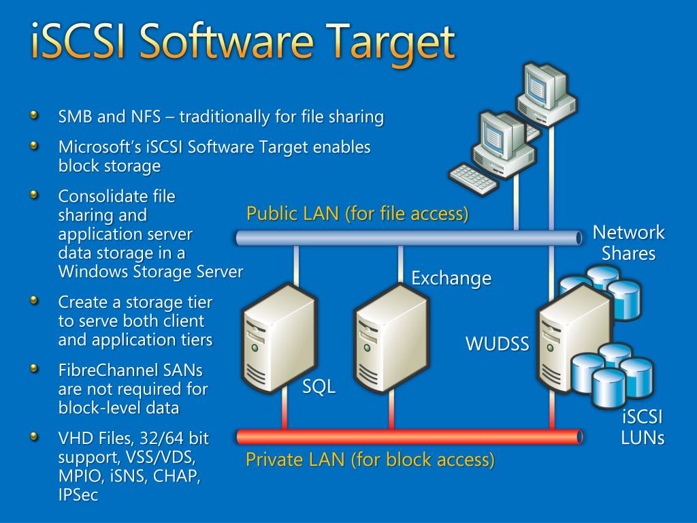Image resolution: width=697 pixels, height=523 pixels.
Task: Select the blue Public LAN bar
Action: click(408, 238)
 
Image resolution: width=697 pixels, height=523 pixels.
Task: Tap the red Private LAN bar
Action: click(408, 437)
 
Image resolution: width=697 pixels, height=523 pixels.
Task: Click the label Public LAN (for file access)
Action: click(357, 214)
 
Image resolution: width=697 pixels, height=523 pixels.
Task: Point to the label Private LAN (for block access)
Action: click(370, 460)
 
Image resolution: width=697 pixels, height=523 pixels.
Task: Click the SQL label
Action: click(319, 387)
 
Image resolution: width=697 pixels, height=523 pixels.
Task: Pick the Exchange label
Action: click(451, 278)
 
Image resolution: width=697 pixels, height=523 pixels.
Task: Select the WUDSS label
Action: click(497, 344)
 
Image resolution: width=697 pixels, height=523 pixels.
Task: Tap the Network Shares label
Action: click(628, 243)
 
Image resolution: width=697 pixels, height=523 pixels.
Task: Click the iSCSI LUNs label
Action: click(643, 427)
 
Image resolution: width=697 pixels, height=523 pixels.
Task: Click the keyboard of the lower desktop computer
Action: click(474, 178)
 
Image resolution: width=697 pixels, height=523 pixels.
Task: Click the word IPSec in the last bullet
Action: click(78, 495)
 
